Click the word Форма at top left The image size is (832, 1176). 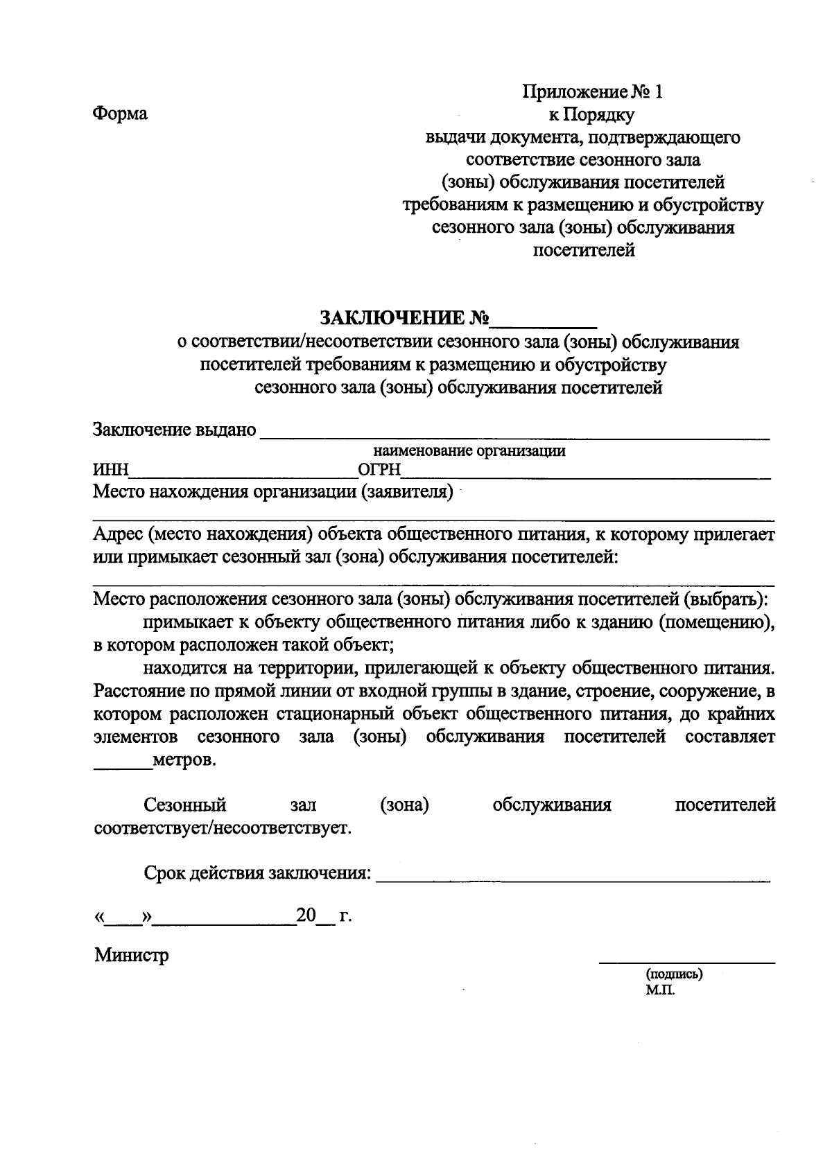(x=120, y=114)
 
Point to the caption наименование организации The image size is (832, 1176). (x=469, y=452)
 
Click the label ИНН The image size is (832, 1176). (x=111, y=471)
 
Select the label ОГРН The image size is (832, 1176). (x=379, y=471)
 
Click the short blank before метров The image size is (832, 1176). (x=122, y=765)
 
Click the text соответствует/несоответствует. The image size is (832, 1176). (x=223, y=827)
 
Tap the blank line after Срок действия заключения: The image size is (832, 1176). (x=572, y=877)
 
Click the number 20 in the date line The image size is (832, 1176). (x=306, y=915)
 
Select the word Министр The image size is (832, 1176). (x=132, y=956)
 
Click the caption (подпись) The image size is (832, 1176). (x=673, y=974)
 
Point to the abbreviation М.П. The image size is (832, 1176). (x=659, y=990)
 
